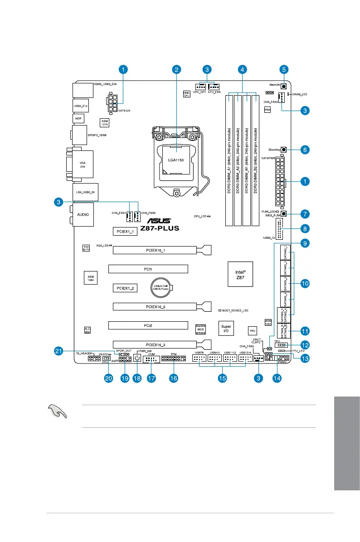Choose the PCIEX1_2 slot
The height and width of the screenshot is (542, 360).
click(x=125, y=288)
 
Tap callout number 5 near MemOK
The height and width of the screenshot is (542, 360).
click(x=284, y=69)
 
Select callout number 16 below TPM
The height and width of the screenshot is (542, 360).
click(x=173, y=378)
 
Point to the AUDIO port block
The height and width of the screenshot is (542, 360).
click(x=83, y=214)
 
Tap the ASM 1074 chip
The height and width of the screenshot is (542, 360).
click(x=104, y=122)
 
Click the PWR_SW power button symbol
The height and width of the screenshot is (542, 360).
click(x=137, y=358)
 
